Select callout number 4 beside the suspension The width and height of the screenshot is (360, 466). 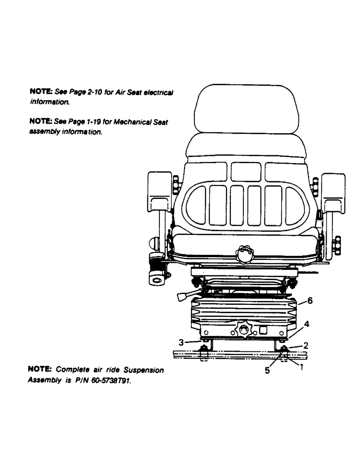click(x=306, y=323)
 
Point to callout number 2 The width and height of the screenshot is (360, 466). click(x=306, y=346)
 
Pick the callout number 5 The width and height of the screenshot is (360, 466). click(x=267, y=371)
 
